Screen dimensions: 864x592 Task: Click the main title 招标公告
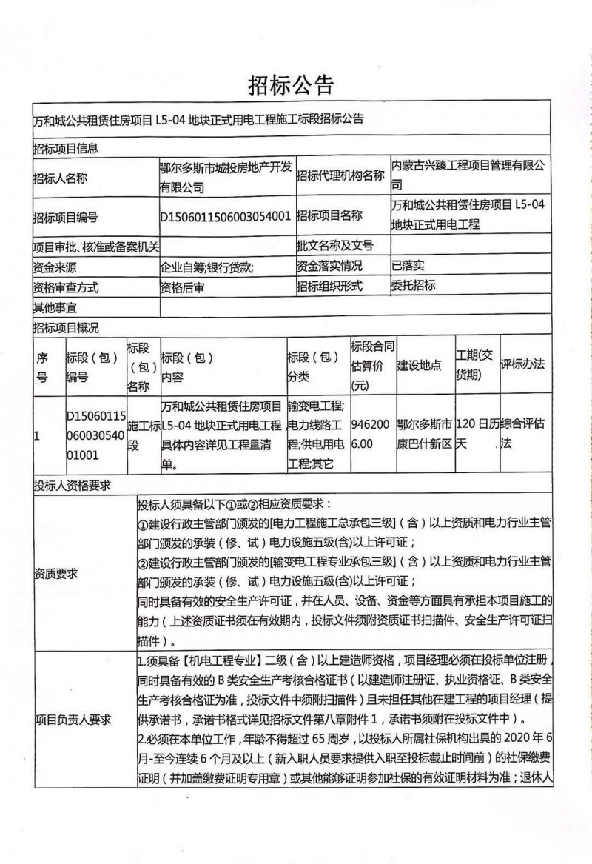coord(292,85)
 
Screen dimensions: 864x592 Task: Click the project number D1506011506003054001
coord(225,216)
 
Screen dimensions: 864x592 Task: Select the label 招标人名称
coord(60,178)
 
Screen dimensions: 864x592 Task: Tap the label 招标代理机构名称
coord(340,177)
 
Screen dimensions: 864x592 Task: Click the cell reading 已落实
coord(408,265)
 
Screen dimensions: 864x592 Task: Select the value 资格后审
coord(182,287)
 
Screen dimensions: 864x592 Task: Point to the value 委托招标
coord(413,285)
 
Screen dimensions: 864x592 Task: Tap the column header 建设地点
coord(420,366)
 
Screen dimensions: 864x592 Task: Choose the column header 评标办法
coord(522,364)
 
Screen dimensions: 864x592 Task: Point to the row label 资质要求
coord(55,572)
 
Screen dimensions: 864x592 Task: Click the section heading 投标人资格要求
coord(71,486)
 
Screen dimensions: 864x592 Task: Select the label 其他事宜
coord(55,307)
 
